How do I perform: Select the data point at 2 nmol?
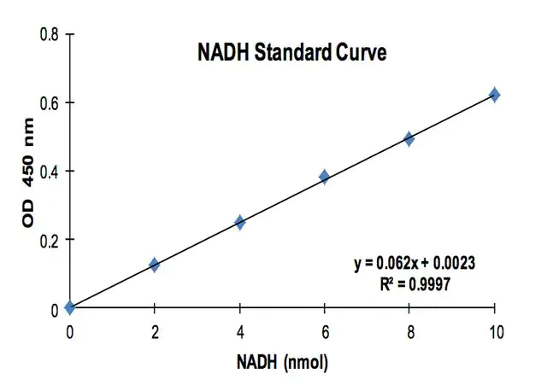pos(154,265)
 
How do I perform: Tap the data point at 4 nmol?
pos(239,222)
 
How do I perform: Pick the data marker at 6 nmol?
pos(324,177)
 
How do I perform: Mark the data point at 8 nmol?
pos(409,138)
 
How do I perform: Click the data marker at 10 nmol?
pos(494,95)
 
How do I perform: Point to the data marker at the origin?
pos(69,307)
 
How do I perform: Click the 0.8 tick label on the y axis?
pos(49,35)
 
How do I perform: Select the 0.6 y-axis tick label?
pos(49,103)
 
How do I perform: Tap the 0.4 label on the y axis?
pos(49,172)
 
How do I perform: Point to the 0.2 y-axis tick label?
pos(49,240)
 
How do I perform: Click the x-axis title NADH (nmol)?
pos(281,362)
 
